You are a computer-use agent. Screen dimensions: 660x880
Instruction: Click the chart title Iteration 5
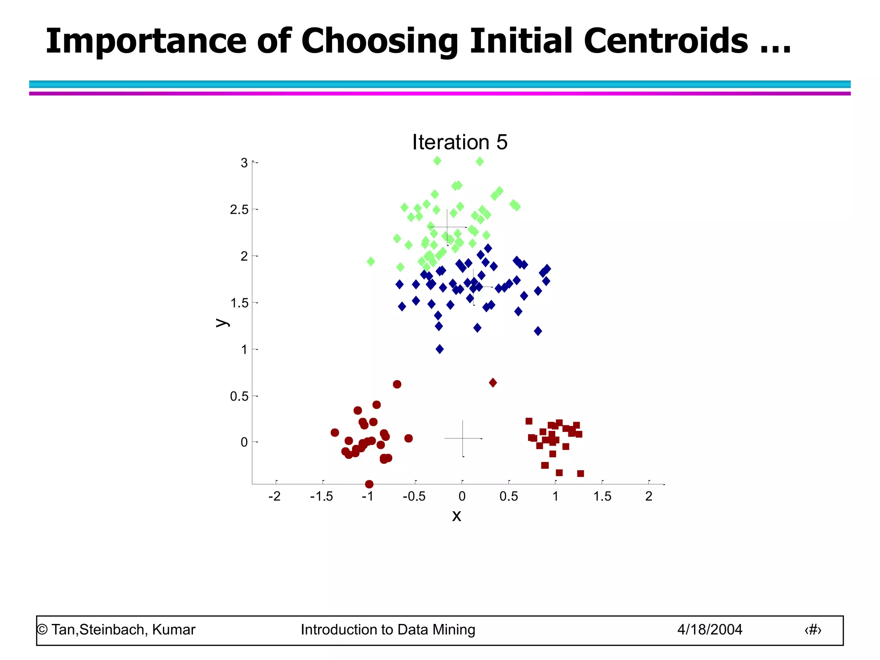459,142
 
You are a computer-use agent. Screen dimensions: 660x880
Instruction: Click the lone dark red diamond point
493,382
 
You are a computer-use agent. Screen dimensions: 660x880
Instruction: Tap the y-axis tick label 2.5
239,210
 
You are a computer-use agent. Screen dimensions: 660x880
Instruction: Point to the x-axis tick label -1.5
321,497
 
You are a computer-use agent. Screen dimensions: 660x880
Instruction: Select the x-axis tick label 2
648,497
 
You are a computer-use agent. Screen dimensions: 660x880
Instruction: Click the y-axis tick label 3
244,163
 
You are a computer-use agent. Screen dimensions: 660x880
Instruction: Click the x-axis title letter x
456,515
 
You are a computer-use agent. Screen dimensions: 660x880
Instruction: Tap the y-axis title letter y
221,322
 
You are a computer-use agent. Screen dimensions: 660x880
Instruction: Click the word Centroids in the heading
666,41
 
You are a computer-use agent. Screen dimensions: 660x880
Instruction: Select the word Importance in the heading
146,41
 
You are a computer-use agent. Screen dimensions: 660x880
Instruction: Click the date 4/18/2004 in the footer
709,629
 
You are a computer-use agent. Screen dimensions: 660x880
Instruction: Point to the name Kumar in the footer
174,629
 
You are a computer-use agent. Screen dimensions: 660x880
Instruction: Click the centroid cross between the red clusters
463,438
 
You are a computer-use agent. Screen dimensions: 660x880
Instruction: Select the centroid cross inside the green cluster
447,227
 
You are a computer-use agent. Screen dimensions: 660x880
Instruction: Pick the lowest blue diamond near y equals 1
440,349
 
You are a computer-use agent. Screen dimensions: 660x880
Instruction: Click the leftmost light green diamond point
371,261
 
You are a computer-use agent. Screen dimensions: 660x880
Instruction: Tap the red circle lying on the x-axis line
369,484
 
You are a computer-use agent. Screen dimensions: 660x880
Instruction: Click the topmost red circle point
397,384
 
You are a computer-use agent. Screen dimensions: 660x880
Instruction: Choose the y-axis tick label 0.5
239,396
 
